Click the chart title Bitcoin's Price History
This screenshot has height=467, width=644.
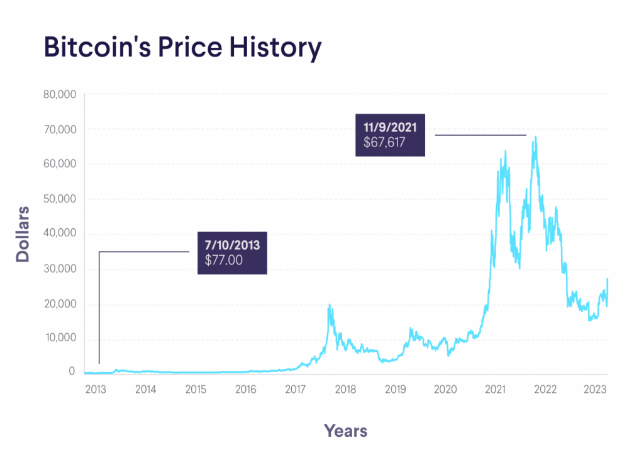click(182, 48)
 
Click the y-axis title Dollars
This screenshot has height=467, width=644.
click(23, 233)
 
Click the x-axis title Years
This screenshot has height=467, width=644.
click(345, 431)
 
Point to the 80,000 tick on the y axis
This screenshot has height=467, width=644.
click(58, 94)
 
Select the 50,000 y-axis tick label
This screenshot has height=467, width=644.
click(58, 199)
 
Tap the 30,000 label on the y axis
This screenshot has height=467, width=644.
click(58, 269)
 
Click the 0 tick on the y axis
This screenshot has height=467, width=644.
click(72, 372)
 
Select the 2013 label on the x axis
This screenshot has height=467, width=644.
click(95, 389)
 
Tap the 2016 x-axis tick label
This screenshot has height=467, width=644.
click(245, 389)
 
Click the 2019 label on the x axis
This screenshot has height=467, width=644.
click(395, 389)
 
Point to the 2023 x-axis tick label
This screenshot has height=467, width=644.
click(594, 389)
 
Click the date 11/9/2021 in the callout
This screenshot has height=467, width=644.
click(390, 128)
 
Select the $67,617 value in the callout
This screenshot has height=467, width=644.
click(384, 143)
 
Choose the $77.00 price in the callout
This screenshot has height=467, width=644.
click(225, 260)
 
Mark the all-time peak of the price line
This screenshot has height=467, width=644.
click(535, 136)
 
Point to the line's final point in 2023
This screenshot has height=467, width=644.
click(607, 278)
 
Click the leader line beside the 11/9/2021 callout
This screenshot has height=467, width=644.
click(480, 135)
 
